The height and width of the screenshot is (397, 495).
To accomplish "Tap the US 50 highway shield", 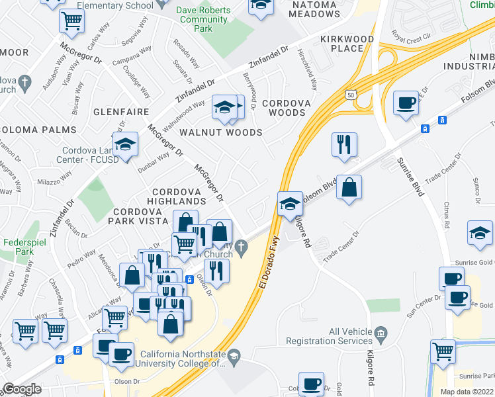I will click(349, 95).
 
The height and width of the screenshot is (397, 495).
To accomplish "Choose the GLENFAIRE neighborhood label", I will click(119, 112).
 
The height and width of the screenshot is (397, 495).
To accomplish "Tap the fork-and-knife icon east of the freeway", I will click(344, 145).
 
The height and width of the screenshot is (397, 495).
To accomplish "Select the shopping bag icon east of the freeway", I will click(349, 187).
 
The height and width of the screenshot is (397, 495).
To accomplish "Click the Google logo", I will click(22, 389).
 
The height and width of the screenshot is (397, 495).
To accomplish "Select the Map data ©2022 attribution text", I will click(467, 392).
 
